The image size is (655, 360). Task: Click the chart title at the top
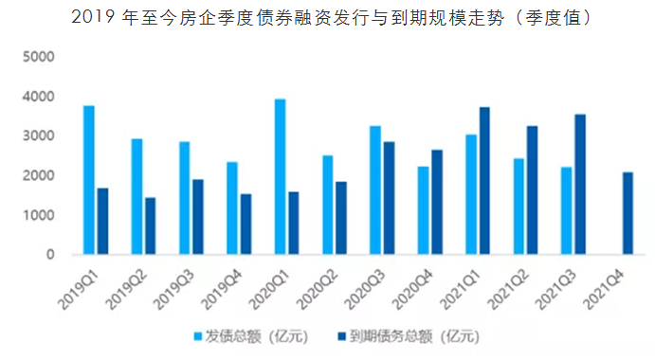pos(327,18)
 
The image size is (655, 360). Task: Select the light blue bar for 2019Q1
pos(89,180)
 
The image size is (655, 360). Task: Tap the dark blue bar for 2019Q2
pos(151,225)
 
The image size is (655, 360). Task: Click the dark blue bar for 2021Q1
pos(485,181)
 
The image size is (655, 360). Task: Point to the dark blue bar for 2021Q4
pos(628,213)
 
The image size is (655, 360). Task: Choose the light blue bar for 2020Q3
pos(375,190)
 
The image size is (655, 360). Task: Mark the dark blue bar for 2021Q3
pos(580,185)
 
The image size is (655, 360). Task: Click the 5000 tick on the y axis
pos(38,57)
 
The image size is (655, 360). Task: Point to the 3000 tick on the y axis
pos(38,136)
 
